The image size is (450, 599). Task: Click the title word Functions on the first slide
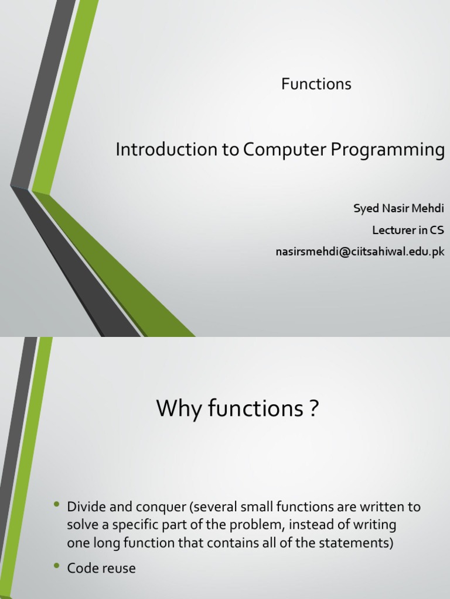(x=316, y=84)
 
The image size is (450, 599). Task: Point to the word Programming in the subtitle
(x=388, y=151)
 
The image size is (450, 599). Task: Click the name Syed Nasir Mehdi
(x=398, y=209)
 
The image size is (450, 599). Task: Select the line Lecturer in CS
(x=408, y=230)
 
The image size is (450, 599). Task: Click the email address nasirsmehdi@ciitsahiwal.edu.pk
(x=360, y=252)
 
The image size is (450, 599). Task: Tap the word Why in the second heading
(x=179, y=409)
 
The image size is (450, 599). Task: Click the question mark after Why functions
(x=314, y=409)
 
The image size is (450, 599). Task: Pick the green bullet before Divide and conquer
(x=57, y=504)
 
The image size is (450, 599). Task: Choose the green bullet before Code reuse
(x=57, y=566)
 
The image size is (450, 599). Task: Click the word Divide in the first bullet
(x=84, y=507)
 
